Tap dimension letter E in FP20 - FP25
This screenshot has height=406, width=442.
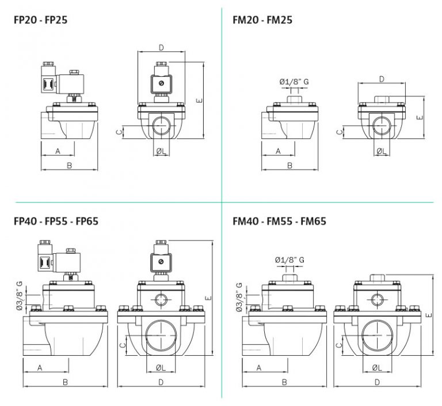(199, 100)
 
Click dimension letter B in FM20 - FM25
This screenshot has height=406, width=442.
(289, 166)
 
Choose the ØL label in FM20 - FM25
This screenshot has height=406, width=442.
(380, 151)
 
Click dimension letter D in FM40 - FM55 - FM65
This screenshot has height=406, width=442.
(376, 382)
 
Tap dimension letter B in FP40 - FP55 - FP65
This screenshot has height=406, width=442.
(65, 382)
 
